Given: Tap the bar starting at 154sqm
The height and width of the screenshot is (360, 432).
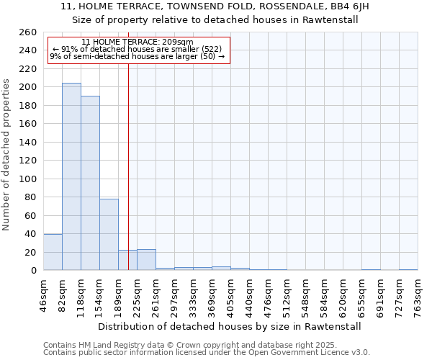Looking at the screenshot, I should coord(109,235).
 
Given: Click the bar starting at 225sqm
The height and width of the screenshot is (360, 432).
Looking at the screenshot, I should coord(146,260).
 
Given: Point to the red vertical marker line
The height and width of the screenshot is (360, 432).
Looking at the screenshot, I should coord(128,166).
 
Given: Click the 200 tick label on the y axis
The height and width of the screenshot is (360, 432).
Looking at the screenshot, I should coord(27,87).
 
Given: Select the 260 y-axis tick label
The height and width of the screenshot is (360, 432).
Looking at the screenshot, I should coord(27,32).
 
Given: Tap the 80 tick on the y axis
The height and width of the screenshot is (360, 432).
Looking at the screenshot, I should coord(30,197).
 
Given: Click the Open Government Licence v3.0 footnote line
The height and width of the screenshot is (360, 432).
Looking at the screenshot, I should coord(207,353).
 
